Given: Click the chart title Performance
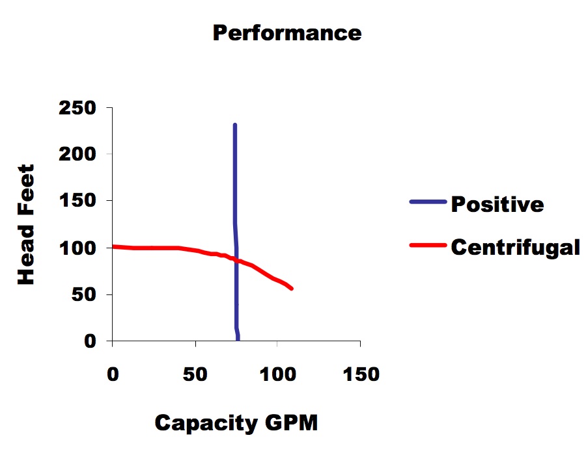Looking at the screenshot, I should (x=286, y=33).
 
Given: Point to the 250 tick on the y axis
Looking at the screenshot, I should (x=77, y=108).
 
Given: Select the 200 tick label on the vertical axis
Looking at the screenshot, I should (x=77, y=155).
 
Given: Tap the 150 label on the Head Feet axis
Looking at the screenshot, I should (x=77, y=201).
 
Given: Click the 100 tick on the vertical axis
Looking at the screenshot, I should (x=77, y=248).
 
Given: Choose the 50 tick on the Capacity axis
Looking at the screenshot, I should (x=195, y=375).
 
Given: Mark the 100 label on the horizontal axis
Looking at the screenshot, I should (x=277, y=375).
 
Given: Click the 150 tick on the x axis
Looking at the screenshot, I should (x=360, y=375).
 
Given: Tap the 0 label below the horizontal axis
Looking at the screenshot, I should (x=113, y=375).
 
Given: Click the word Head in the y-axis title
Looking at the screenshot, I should (x=26, y=259).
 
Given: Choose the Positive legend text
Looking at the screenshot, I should (x=497, y=204).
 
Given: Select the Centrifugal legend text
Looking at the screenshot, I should (x=514, y=247).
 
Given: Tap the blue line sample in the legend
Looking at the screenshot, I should (x=428, y=202).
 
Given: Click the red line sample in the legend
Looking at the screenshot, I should (x=428, y=245).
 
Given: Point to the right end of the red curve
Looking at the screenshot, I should (x=291, y=288).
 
